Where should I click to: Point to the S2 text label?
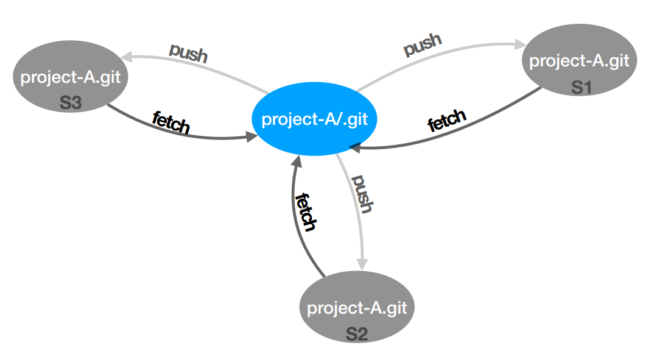pos(357,333)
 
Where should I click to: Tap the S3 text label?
pos(71,103)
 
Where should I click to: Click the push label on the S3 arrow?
pos(189,53)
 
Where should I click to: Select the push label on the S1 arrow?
pos(423,45)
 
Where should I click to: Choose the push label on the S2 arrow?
pos(362,194)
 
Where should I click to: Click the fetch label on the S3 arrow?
pos(171,122)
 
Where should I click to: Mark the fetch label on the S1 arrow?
pos(446,121)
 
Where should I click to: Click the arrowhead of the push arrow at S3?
pos(125,57)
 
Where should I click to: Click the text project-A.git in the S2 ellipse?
pos(357,308)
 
